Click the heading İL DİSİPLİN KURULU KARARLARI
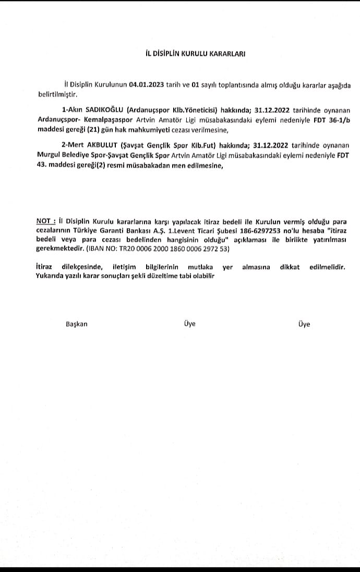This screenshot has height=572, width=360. [195, 53]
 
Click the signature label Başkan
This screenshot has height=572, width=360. [77, 324]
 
